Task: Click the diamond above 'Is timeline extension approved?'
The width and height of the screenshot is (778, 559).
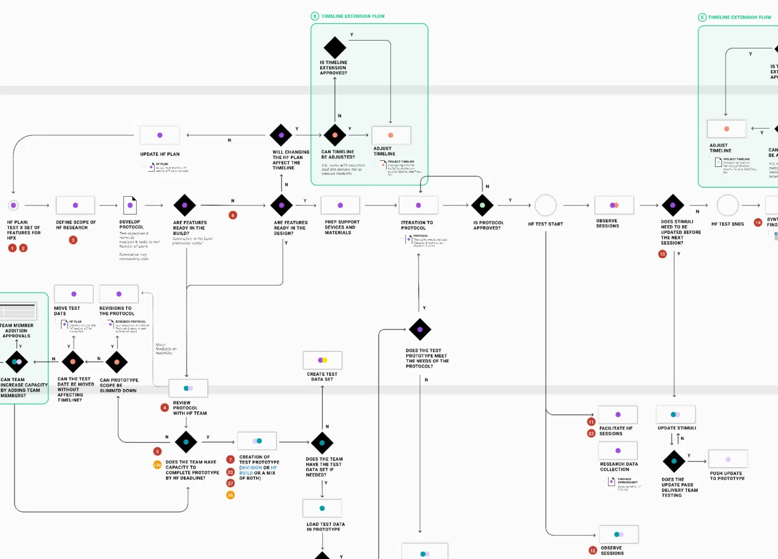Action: coord(335,47)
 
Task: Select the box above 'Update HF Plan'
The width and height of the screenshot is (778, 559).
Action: coord(160,135)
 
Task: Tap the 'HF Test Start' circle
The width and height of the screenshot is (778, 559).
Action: coord(545,205)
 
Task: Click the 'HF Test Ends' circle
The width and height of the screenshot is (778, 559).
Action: coord(727,205)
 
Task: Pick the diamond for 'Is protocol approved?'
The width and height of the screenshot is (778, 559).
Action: coord(483,205)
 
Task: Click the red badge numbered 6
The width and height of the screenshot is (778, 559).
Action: coord(233,215)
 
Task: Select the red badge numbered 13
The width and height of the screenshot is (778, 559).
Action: coord(663,254)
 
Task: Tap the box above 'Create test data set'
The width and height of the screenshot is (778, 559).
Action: coord(322,360)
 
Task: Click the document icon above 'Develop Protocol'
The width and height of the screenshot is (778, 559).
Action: coord(130,205)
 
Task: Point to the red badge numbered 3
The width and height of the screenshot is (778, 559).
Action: coord(73,240)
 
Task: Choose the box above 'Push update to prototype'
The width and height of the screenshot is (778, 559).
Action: coord(728,459)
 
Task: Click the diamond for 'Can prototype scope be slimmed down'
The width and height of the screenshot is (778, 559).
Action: coord(117,362)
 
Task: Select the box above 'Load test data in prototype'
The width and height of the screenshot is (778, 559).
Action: coord(322,508)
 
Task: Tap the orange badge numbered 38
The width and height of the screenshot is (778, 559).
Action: coord(230,495)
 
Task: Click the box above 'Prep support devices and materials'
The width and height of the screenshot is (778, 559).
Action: coord(340,205)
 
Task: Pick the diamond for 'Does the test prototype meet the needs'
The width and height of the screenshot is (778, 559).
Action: coord(420,329)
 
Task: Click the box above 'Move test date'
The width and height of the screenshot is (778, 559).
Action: coord(74,294)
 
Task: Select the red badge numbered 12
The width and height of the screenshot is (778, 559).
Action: coord(593,551)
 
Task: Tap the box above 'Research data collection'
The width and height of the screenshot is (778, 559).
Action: coord(618,450)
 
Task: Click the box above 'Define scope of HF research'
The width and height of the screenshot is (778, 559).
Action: coord(75,205)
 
